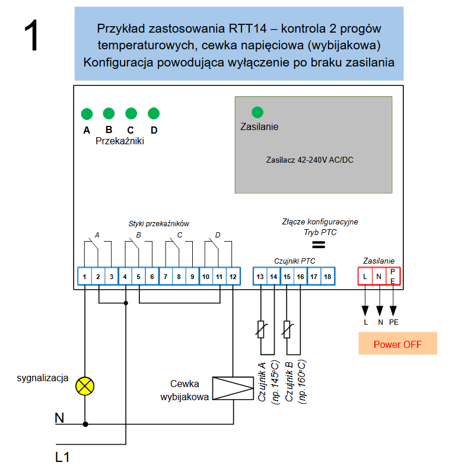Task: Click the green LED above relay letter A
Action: tap(87, 113)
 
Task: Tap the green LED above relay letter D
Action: tap(154, 113)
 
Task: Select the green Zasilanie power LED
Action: tap(257, 112)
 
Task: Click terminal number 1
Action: tap(85, 276)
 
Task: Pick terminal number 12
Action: tap(233, 276)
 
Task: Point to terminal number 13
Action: tap(260, 276)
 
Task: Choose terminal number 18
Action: tap(327, 276)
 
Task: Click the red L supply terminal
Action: tap(365, 276)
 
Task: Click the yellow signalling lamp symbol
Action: tap(85, 386)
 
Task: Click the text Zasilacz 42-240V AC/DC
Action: tap(310, 160)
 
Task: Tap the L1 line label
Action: tap(63, 457)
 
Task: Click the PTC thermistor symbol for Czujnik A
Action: tap(260, 329)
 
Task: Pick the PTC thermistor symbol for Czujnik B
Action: tap(287, 329)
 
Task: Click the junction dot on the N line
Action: tap(85, 425)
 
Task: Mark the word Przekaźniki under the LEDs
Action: tap(119, 141)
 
